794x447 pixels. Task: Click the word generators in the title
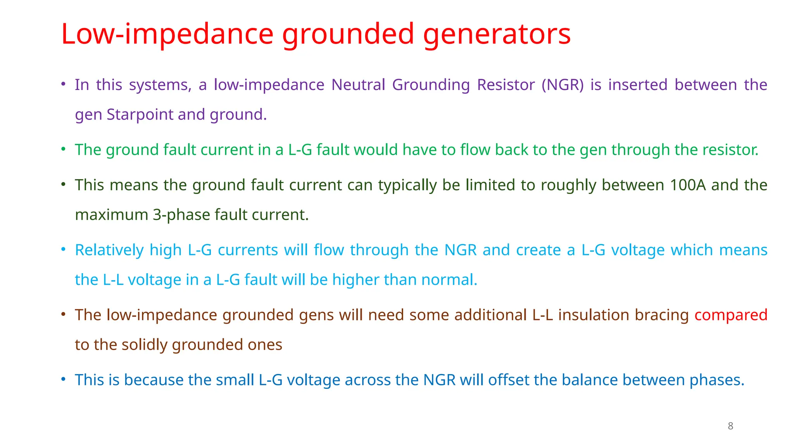click(x=497, y=34)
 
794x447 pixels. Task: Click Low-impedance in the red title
click(x=167, y=34)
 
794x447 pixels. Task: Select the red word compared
click(x=730, y=315)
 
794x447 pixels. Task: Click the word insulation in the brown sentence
click(x=594, y=315)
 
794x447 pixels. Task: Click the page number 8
click(x=730, y=426)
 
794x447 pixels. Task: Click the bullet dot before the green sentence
click(x=63, y=149)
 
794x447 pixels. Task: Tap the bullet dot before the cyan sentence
click(x=63, y=249)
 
